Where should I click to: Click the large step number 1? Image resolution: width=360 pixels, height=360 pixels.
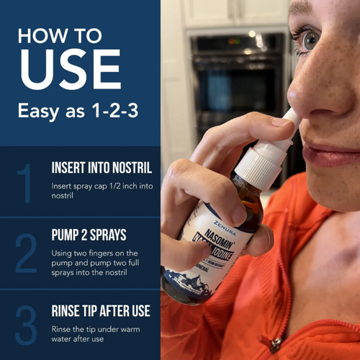click(x=26, y=183)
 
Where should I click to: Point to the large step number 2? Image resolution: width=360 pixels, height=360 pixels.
click(x=26, y=253)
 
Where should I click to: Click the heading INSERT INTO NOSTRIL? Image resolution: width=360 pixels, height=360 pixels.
click(x=102, y=168)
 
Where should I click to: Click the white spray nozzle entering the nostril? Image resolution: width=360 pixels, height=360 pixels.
click(x=290, y=120)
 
